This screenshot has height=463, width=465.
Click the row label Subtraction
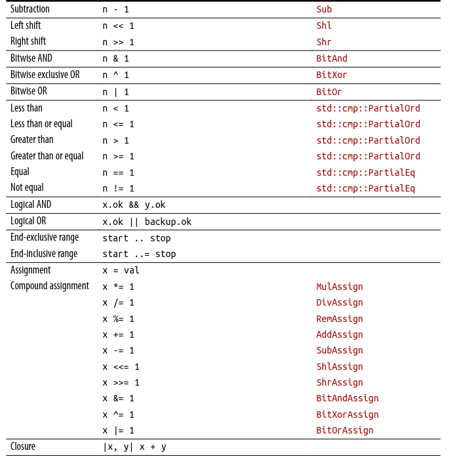(x=30, y=9)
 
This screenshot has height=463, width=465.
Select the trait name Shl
(x=324, y=26)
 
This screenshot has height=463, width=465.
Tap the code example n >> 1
(x=118, y=42)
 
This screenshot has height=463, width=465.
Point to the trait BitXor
(x=332, y=75)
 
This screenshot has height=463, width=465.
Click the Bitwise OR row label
(x=29, y=91)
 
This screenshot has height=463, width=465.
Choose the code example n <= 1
(x=118, y=124)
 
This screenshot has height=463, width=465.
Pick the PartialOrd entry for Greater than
(x=368, y=140)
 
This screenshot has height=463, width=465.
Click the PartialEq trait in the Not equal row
(x=365, y=188)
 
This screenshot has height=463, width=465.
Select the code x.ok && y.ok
(x=134, y=205)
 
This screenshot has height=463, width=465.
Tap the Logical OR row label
(x=28, y=221)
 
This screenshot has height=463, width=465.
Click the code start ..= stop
(x=139, y=254)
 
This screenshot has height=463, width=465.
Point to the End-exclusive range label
(x=45, y=237)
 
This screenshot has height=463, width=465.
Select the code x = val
(x=121, y=270)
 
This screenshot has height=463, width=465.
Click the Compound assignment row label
(x=50, y=286)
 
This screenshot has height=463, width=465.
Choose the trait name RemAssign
(x=340, y=319)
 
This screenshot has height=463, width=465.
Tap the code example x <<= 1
(x=121, y=367)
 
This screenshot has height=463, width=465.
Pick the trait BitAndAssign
(x=348, y=398)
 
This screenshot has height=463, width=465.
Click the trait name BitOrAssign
(x=345, y=430)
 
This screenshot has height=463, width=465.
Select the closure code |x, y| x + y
(x=134, y=447)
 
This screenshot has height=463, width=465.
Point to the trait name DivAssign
(x=340, y=302)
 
